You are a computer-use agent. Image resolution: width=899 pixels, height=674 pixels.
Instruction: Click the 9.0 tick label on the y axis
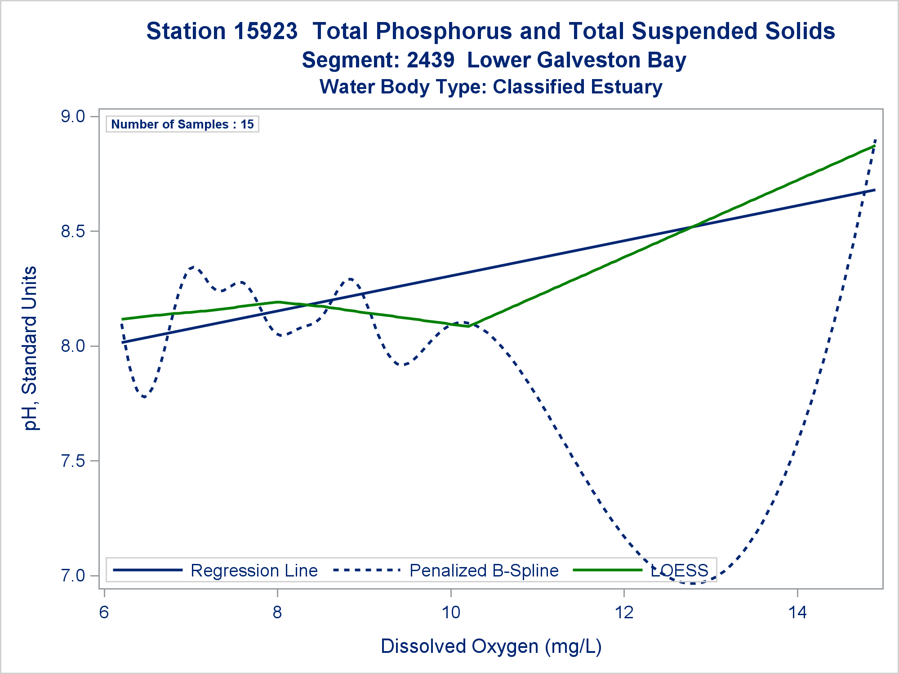73,117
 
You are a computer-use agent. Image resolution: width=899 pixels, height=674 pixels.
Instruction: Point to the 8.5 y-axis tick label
73,232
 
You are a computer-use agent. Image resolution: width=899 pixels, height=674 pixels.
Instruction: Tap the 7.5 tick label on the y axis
73,461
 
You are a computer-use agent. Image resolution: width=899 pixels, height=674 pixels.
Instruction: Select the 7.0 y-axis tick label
73,576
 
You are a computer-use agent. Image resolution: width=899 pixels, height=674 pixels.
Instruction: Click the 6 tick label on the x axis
104,612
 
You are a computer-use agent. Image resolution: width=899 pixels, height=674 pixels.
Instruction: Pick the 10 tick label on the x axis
451,612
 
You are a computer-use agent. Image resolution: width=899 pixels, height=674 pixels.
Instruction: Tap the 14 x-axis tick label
797,612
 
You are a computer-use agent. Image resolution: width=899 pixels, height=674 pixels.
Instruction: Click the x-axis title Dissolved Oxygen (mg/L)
491,646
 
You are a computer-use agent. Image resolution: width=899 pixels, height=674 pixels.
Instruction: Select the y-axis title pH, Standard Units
31,348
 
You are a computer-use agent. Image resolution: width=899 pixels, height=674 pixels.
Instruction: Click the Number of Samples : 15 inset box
182,124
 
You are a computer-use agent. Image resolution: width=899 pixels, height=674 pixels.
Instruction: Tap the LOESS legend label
679,571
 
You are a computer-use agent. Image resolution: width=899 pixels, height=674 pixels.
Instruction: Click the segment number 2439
431,60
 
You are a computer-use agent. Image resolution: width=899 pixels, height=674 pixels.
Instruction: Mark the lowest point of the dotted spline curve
693,583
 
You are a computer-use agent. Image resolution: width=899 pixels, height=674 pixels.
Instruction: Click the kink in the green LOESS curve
468,327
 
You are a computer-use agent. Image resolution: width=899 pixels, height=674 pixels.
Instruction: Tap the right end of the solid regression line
875,190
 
